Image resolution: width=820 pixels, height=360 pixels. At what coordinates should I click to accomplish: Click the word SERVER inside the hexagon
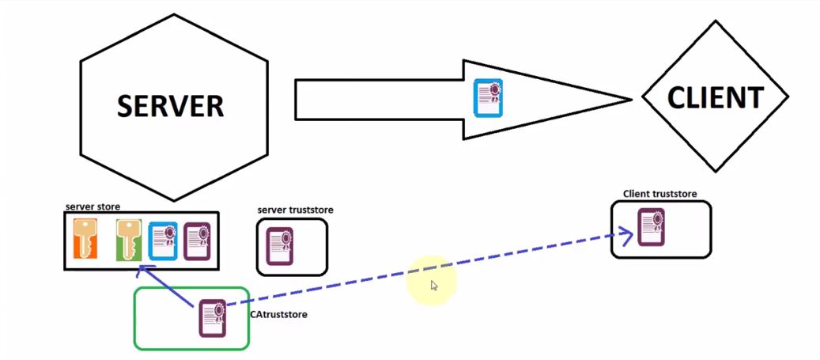(170, 106)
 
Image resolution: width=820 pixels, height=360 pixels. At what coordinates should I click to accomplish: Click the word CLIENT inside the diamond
(715, 97)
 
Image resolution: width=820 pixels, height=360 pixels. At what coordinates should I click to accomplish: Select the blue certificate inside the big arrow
(488, 99)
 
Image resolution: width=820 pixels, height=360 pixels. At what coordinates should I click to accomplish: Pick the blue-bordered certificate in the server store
(163, 241)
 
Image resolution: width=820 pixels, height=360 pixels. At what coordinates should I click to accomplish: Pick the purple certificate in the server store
(196, 241)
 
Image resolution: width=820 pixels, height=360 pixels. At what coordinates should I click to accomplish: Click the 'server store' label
(93, 207)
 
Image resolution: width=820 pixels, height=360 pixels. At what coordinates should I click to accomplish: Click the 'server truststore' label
(295, 210)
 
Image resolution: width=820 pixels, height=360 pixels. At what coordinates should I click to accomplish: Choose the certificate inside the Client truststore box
(651, 228)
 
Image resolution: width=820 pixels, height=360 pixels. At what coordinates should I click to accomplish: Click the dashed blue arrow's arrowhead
(629, 233)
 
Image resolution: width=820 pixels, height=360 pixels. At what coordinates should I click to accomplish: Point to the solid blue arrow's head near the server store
(142, 271)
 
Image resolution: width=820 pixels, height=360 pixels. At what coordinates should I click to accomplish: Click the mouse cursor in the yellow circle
(434, 286)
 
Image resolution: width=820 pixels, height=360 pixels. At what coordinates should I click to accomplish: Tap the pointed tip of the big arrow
(629, 100)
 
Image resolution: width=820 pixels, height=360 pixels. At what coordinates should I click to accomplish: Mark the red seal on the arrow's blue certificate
(496, 89)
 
